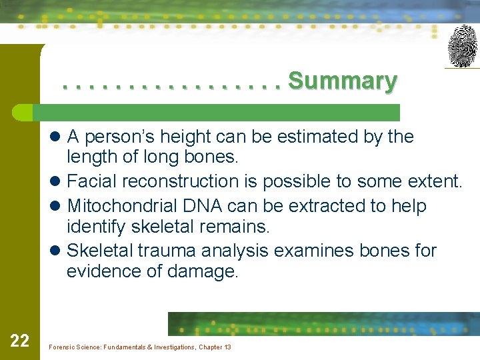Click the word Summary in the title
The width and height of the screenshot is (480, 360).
coord(343,81)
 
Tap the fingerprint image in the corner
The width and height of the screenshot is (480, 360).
coord(462,46)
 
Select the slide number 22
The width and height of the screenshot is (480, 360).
coord(20,341)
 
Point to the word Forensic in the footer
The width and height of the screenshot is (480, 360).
coord(65,347)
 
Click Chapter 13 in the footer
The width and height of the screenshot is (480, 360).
coord(215,347)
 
